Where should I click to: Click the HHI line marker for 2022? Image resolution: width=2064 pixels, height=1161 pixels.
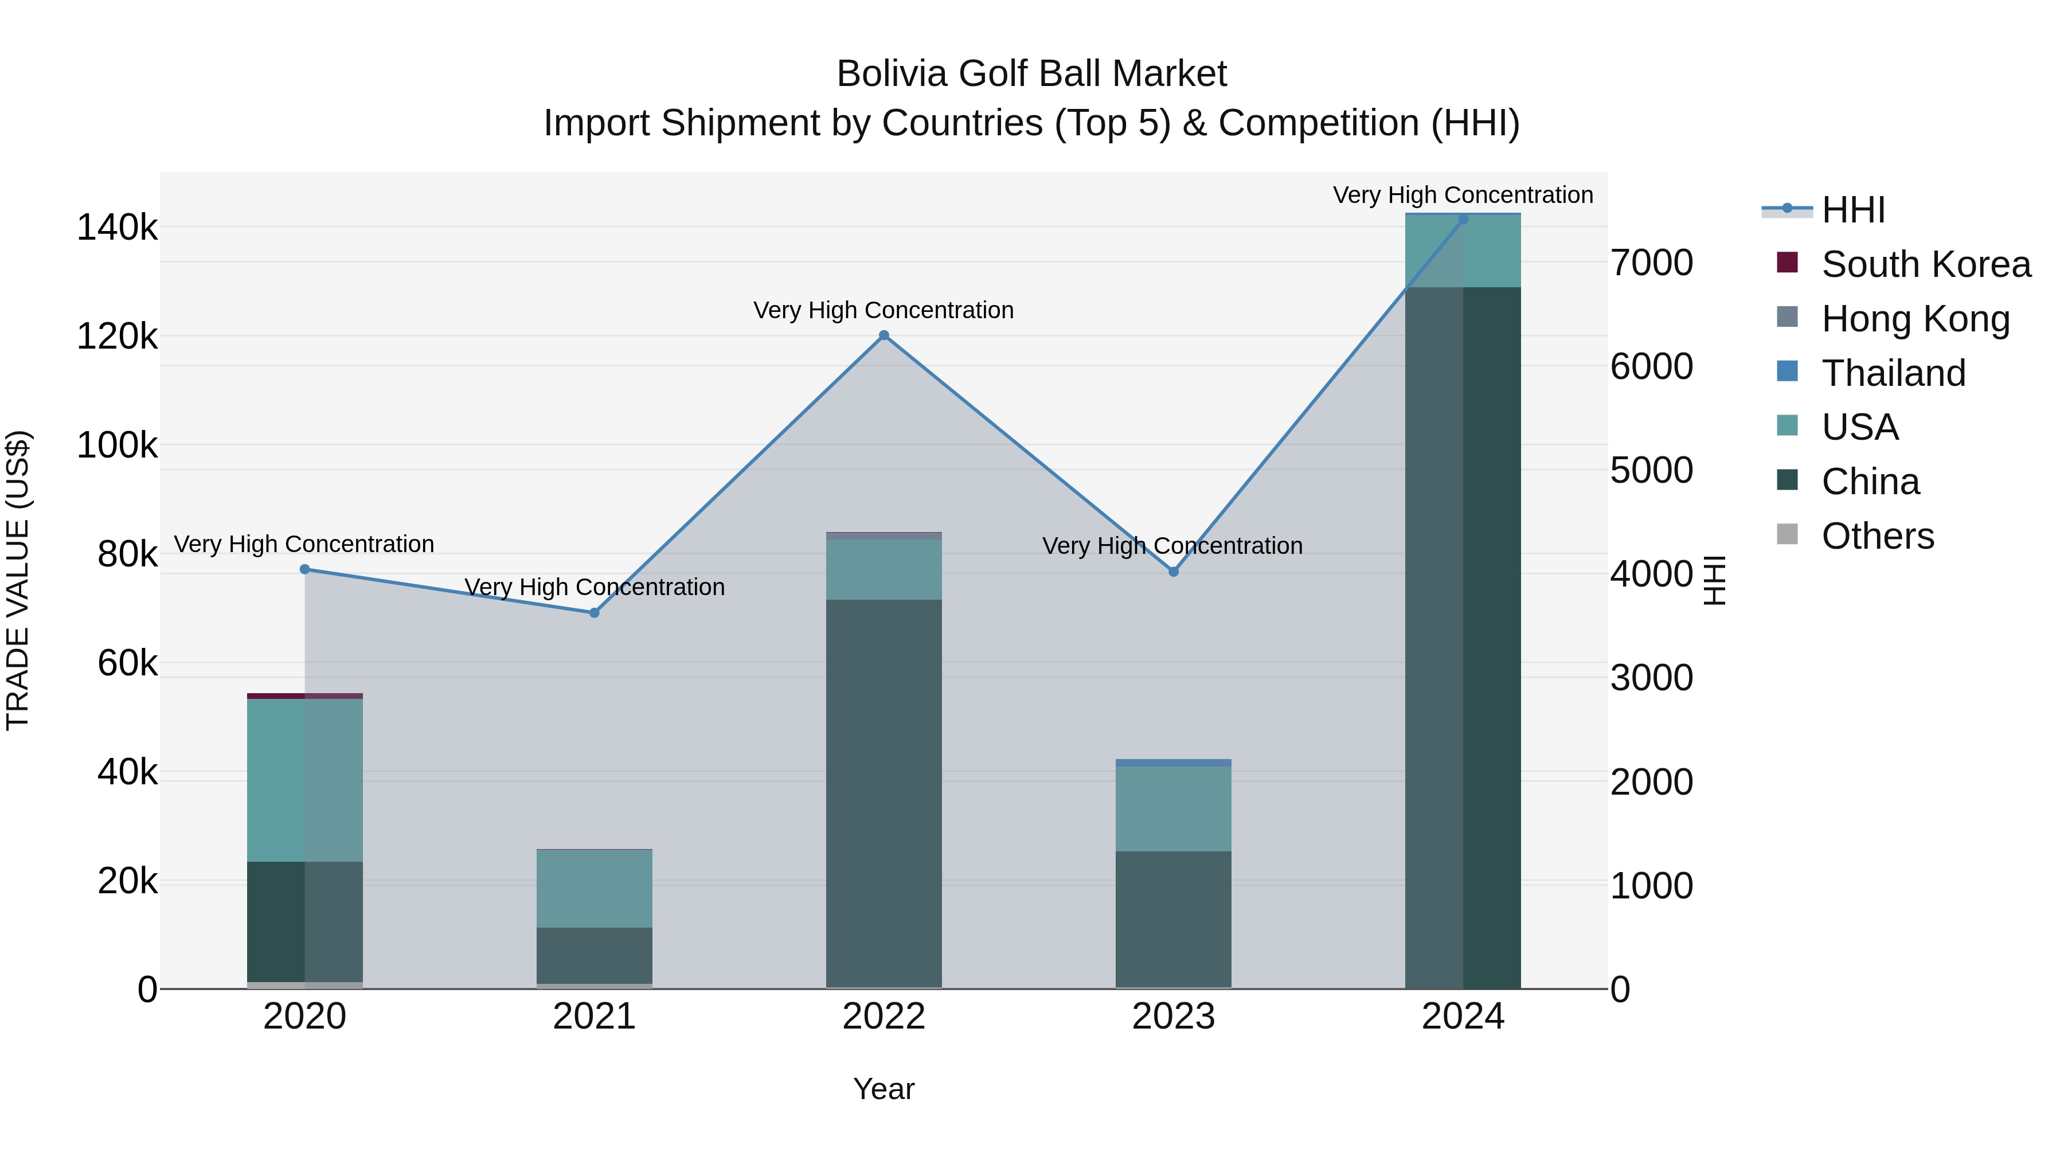click(x=884, y=336)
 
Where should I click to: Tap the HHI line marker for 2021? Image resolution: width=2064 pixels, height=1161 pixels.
click(x=595, y=613)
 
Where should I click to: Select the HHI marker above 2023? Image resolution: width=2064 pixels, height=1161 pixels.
click(x=1174, y=572)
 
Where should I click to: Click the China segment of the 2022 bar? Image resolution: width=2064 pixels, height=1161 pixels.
click(x=884, y=793)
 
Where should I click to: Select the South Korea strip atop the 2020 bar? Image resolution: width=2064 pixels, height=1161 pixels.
click(x=304, y=696)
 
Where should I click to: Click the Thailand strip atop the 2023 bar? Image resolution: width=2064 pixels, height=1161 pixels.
click(x=1174, y=763)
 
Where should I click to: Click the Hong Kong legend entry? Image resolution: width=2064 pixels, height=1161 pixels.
click(x=1915, y=319)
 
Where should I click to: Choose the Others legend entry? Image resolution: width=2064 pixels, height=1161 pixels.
click(x=1877, y=536)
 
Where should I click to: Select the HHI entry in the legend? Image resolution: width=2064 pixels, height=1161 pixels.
click(x=1852, y=210)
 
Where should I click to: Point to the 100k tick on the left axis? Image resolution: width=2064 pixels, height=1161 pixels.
click(x=117, y=445)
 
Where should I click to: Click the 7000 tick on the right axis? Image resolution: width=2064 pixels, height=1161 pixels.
click(x=1652, y=263)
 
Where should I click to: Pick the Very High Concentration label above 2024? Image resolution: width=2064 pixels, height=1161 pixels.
click(x=1463, y=196)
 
